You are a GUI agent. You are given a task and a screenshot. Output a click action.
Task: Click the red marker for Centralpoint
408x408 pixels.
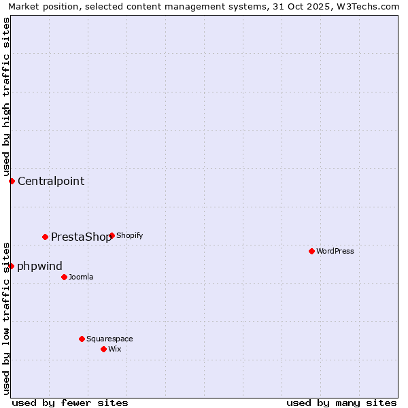[12, 181]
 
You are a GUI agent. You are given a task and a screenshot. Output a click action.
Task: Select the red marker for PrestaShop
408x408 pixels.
[45, 237]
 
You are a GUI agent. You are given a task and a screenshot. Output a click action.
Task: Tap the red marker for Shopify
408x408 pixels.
[112, 235]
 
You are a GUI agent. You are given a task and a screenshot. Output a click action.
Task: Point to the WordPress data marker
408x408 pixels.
[311, 251]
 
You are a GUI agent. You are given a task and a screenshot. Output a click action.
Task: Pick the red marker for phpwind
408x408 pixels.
[11, 266]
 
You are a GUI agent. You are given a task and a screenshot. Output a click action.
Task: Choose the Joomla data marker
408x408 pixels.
[64, 277]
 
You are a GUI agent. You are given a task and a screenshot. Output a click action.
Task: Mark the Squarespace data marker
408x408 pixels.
[82, 339]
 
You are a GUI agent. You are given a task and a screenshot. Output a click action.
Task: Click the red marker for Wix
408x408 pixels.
[103, 349]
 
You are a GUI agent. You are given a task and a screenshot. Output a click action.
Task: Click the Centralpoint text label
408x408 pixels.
[51, 181]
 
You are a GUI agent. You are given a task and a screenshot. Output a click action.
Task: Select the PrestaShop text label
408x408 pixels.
[81, 237]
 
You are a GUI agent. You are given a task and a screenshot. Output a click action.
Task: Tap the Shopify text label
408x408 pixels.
[129, 235]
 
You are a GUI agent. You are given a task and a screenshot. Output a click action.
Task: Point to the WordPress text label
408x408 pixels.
[335, 251]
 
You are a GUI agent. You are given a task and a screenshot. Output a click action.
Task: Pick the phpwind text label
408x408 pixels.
[39, 266]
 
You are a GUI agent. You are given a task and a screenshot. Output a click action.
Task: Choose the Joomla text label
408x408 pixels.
[81, 277]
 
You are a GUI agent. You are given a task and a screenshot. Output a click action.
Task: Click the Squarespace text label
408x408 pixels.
[109, 339]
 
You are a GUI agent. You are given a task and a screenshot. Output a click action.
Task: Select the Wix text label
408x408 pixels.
[114, 349]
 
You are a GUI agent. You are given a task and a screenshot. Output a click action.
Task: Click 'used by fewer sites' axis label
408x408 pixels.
[70, 403]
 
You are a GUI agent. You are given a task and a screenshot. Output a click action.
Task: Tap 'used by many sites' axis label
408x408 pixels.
[341, 403]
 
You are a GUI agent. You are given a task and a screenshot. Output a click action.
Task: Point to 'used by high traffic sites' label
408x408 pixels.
[6, 96]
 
